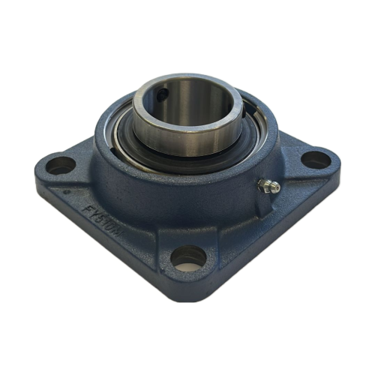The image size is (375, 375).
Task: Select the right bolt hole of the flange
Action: pos(315,159)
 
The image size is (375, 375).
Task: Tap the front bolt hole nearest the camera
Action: pos(187,259)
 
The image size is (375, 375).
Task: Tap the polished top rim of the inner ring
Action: pos(187,79)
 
